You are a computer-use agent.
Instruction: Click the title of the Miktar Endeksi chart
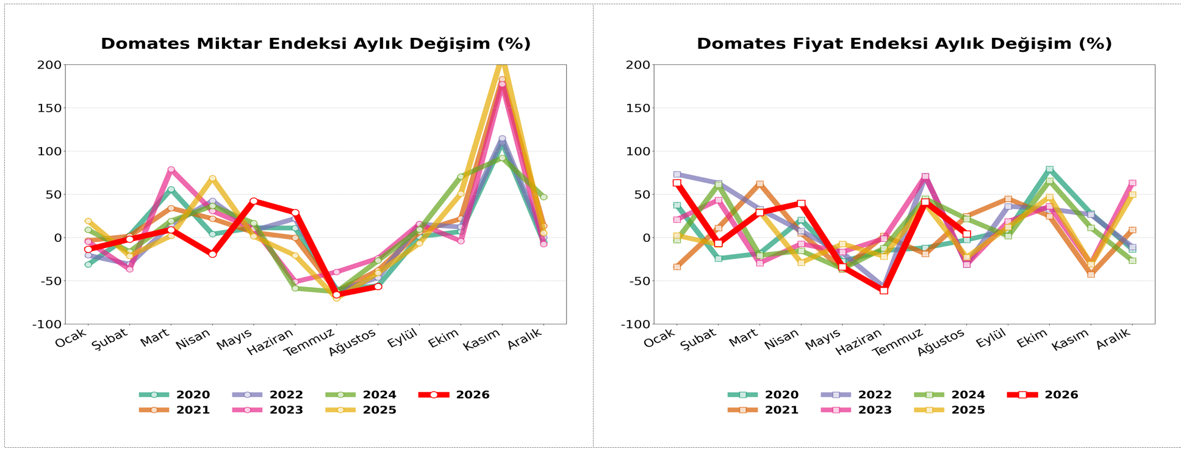click(x=315, y=44)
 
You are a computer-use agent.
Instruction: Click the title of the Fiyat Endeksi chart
click(x=904, y=44)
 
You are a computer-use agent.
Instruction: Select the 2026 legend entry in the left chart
click(x=454, y=395)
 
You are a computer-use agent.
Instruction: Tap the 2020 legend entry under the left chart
click(x=174, y=395)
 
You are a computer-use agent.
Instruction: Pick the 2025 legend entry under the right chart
click(x=949, y=410)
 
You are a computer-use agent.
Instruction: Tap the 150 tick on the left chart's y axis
click(x=49, y=108)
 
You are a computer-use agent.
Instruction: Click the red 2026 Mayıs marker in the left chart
click(x=254, y=201)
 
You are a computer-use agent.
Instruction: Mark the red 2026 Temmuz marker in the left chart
click(x=337, y=295)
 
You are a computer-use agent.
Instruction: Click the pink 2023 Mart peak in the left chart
click(x=171, y=170)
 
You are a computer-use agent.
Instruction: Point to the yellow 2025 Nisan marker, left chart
click(x=212, y=178)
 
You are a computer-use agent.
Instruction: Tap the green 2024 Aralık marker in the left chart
click(x=544, y=197)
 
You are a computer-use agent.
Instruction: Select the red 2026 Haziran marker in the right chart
click(x=884, y=291)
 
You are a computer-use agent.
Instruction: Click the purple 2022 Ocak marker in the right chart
click(x=677, y=175)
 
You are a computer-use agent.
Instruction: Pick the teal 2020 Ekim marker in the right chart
click(x=1049, y=169)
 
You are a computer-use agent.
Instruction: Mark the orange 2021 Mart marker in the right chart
click(x=759, y=184)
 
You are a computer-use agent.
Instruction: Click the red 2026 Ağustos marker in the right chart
click(x=967, y=234)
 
